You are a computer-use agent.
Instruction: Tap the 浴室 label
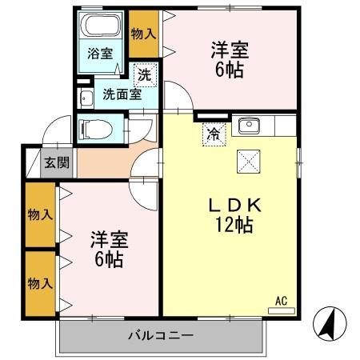click(x=100, y=54)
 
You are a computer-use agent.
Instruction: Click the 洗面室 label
click(x=122, y=94)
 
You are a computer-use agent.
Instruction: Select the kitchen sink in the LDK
click(x=248, y=126)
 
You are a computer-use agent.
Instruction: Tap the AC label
click(x=281, y=301)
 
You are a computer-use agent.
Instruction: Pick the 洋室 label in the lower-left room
click(x=109, y=239)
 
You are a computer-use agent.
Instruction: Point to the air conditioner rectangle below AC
click(x=281, y=310)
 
